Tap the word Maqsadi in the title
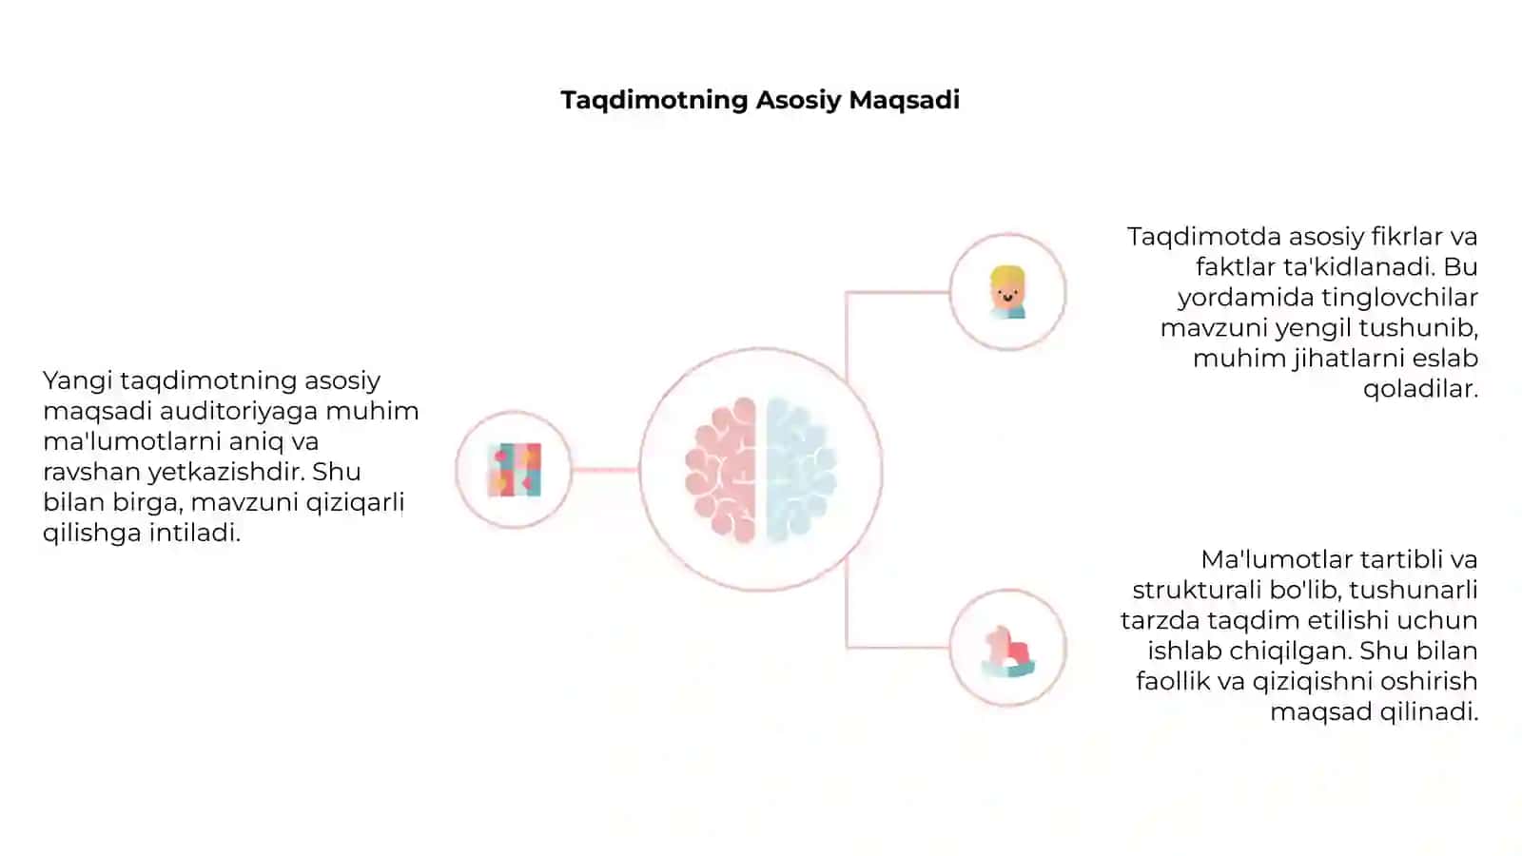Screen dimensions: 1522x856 pos(905,101)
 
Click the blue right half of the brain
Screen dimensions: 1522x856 pos(802,470)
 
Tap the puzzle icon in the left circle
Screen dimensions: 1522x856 pos(515,470)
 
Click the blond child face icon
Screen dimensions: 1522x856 pos(1007,292)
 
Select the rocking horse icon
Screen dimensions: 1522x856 pos(1007,652)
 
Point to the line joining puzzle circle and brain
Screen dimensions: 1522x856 pos(605,470)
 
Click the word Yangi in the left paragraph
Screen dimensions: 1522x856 pos(77,381)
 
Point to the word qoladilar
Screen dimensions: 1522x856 pos(1421,389)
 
